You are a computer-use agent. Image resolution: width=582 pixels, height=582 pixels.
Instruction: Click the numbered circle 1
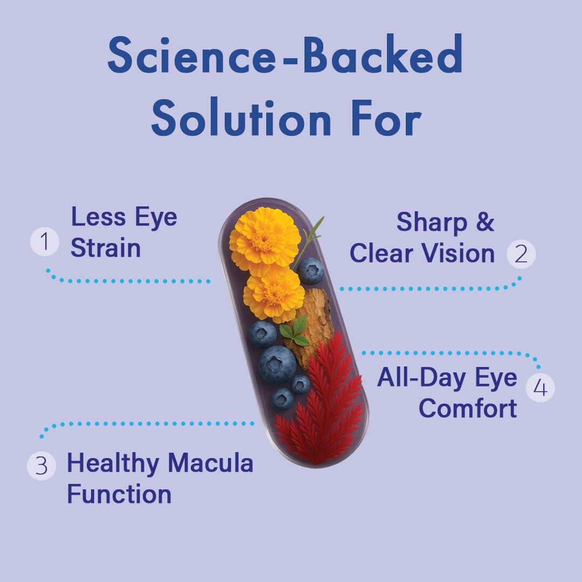pyautogui.click(x=45, y=241)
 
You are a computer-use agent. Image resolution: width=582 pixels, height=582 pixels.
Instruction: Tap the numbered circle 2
pyautogui.click(x=521, y=254)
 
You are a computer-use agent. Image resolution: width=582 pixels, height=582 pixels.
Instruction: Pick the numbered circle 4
pyautogui.click(x=540, y=387)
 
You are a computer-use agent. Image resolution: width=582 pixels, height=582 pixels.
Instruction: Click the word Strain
pyautogui.click(x=106, y=248)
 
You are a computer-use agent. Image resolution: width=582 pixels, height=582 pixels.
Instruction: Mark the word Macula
pyautogui.click(x=211, y=463)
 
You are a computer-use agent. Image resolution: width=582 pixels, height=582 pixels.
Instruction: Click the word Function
pyautogui.click(x=119, y=494)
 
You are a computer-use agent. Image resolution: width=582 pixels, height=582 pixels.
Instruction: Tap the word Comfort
pyautogui.click(x=467, y=408)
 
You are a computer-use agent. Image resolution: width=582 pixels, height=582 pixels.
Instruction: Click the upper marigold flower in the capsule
pyautogui.click(x=265, y=239)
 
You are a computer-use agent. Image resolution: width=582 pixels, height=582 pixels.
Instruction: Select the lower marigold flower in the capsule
pyautogui.click(x=274, y=294)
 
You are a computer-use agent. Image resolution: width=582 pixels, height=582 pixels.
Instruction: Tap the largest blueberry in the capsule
pyautogui.click(x=277, y=364)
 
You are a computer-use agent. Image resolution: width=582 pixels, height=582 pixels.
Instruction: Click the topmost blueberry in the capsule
pyautogui.click(x=310, y=271)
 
